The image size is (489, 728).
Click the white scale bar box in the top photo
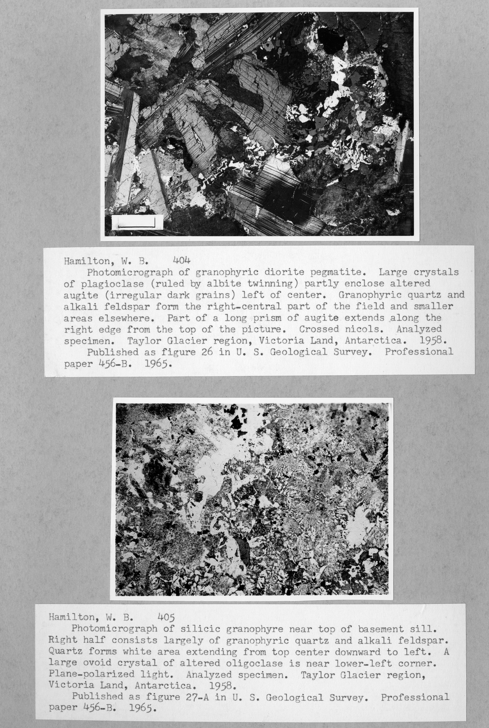click(137, 222)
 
